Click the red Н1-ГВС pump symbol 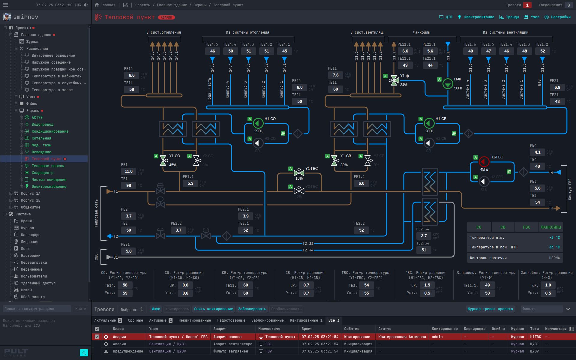click(484, 162)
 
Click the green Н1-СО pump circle click(258, 123)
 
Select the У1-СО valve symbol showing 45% click(163, 160)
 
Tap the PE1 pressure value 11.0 click(129, 171)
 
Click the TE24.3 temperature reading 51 click(248, 51)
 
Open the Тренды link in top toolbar click(509, 17)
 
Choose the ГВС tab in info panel click(526, 227)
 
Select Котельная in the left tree click(41, 138)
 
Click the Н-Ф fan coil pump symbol click(448, 84)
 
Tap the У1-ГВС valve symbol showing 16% click(299, 172)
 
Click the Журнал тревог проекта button click(490, 309)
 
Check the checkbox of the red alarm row click(97, 337)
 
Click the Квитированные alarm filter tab click(306, 320)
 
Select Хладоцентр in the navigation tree click(42, 173)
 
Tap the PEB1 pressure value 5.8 click(129, 251)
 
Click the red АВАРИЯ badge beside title click(166, 17)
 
